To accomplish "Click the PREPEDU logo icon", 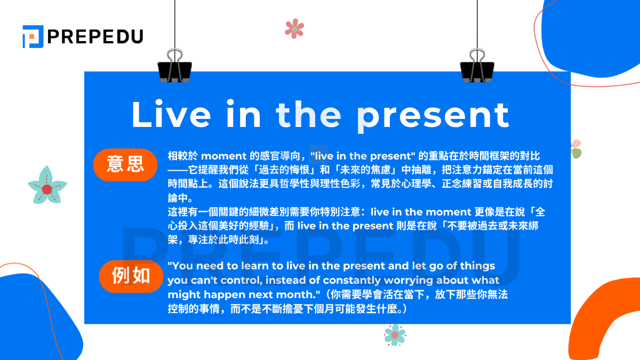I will point(33,36).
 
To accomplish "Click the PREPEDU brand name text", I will point(95,36).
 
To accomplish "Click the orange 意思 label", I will point(125,164).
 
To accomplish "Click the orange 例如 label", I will point(131,276).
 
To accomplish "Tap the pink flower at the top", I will point(294,28).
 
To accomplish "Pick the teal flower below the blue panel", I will point(395,334).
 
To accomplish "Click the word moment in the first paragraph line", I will point(224,156).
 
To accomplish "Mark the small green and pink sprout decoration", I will point(576,149).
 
